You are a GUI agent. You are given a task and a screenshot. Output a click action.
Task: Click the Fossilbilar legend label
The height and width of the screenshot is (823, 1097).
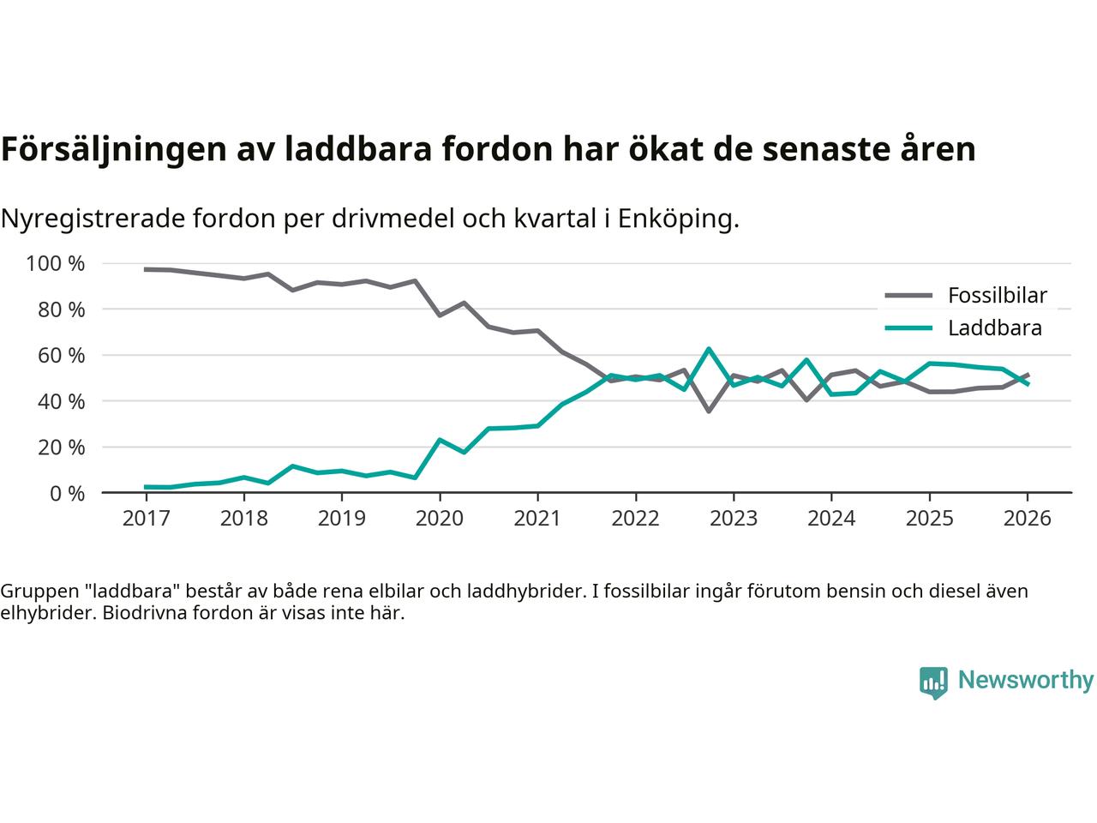(x=997, y=296)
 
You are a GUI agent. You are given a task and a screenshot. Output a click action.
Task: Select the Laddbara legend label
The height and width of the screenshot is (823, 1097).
(x=994, y=328)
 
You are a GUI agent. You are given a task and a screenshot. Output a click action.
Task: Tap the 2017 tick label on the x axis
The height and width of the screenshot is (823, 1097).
(x=146, y=519)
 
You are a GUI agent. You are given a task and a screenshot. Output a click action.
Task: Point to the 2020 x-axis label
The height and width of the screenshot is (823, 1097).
(x=440, y=519)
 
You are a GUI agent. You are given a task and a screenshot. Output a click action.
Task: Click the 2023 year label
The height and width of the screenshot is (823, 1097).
(x=733, y=519)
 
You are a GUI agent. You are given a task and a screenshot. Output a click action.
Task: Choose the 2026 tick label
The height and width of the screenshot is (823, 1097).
(x=1027, y=519)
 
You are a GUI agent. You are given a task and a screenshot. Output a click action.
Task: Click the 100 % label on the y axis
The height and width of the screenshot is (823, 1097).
(x=56, y=263)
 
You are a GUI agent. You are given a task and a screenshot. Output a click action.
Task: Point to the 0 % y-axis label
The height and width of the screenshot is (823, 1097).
(x=66, y=493)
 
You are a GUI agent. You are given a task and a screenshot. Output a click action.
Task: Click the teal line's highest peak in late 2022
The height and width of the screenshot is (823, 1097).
(x=709, y=349)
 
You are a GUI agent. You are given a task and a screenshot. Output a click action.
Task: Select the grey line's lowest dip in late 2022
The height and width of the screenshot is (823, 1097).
(x=709, y=411)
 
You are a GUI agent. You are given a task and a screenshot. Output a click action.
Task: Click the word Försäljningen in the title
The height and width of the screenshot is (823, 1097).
(x=111, y=149)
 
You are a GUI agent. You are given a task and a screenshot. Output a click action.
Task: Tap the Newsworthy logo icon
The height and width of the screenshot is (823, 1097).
(x=933, y=682)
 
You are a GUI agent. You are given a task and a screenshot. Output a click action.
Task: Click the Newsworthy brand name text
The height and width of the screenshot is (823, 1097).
(x=1025, y=681)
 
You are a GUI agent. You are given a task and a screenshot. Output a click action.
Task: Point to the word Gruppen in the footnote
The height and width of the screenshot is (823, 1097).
(x=37, y=591)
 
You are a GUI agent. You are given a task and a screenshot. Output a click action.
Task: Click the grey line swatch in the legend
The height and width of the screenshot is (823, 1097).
(x=908, y=296)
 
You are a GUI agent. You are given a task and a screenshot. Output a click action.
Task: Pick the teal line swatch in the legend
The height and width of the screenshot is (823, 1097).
(x=908, y=328)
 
